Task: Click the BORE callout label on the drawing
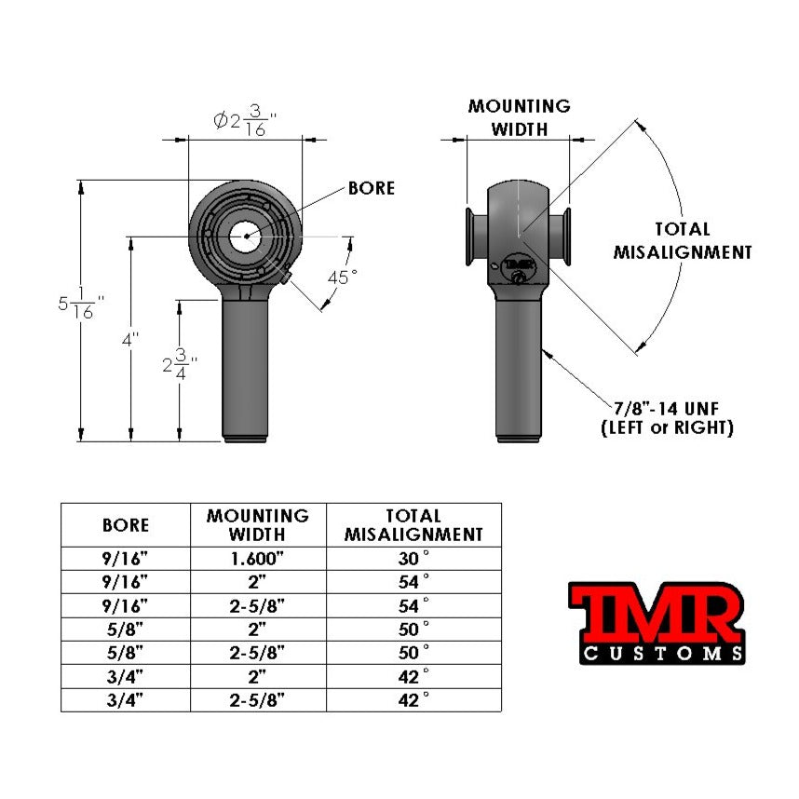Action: tap(371, 188)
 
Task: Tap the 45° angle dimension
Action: tap(341, 278)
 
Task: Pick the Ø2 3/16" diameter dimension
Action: tap(245, 122)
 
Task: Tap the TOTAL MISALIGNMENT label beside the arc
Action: tap(682, 240)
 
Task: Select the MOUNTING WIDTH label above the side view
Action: tap(519, 117)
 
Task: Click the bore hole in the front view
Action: tap(246, 236)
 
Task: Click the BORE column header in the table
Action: tap(126, 525)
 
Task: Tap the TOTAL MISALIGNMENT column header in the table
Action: tap(413, 525)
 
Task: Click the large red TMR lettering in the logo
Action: tap(656, 612)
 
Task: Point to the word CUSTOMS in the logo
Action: tap(662, 653)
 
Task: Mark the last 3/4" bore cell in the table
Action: tap(126, 698)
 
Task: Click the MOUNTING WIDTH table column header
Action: tap(258, 525)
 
